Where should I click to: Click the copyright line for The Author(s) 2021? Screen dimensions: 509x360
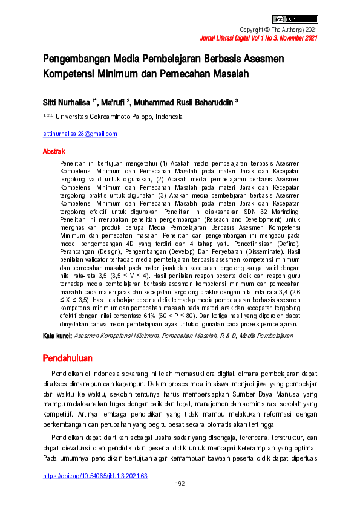(x=278, y=30)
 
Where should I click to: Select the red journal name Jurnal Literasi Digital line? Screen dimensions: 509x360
(x=258, y=38)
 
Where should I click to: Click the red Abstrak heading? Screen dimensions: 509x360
(x=54, y=151)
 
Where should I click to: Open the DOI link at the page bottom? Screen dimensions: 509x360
(x=94, y=476)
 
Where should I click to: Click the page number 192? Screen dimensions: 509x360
(x=180, y=484)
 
